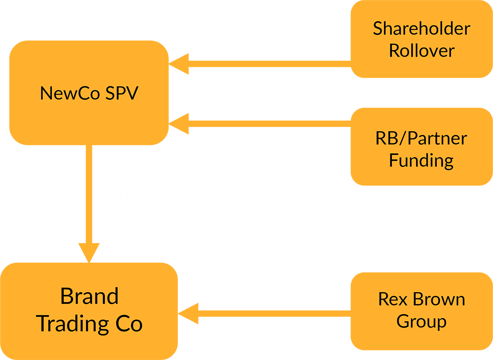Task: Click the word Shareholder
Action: [x=422, y=29]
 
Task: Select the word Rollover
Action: [x=422, y=51]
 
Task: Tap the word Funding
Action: [x=422, y=160]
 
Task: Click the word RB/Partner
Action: [x=422, y=138]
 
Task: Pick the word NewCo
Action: [x=69, y=94]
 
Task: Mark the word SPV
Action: [x=122, y=94]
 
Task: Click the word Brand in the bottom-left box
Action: [x=89, y=296]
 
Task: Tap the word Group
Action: [x=422, y=321]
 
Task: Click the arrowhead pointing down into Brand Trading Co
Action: [x=89, y=253]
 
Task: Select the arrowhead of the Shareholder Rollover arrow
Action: [x=179, y=64]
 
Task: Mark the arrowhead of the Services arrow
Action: [x=189, y=314]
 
